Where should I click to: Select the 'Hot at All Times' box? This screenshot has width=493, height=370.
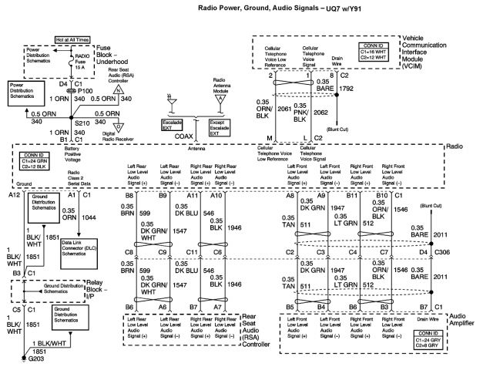pos(72,39)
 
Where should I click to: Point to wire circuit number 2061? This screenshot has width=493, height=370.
pos(283,110)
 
